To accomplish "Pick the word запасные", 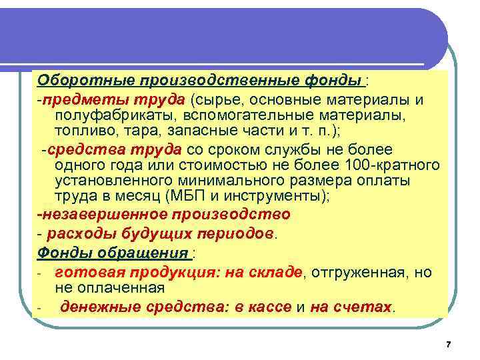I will [199, 130].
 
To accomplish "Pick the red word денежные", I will [91, 307].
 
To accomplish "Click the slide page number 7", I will [448, 344].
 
